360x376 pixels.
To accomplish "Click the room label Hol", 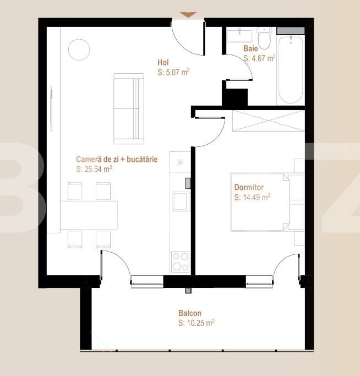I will point(162,63).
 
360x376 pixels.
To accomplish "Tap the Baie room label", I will point(250,48).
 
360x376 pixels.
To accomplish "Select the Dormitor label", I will point(249,187).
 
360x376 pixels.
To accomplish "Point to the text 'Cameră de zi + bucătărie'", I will point(113,159).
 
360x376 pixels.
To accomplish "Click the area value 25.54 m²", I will point(97,169).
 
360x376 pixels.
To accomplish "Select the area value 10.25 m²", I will point(197,323).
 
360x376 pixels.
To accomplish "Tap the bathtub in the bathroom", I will point(290,69).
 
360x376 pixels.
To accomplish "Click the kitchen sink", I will point(179,201).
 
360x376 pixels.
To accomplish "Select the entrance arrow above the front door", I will point(188,15).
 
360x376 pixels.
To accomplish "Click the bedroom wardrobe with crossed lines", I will point(268,121).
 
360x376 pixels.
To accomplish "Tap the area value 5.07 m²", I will point(173,72).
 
